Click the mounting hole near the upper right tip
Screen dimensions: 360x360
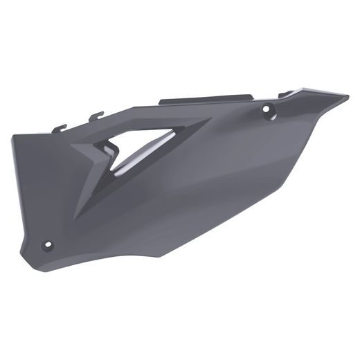click(x=267, y=108)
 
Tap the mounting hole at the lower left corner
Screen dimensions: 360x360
click(x=47, y=244)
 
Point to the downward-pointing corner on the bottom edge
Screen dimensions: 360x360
click(x=162, y=257)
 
